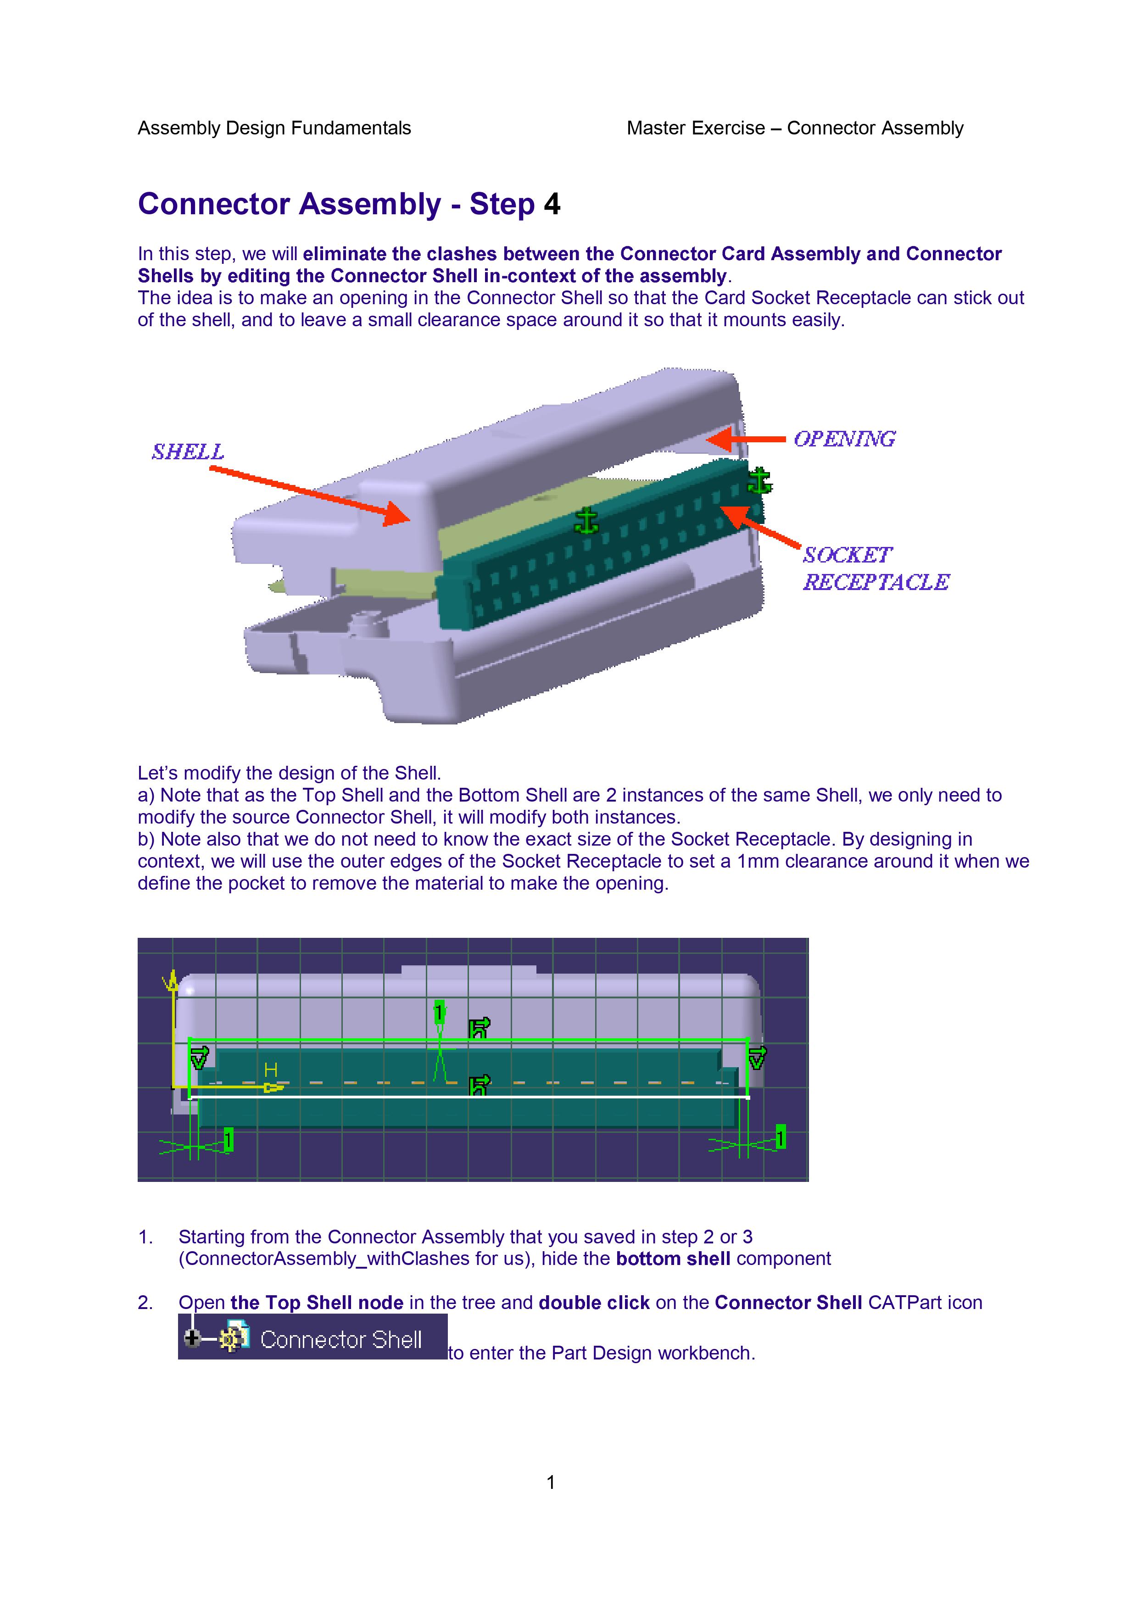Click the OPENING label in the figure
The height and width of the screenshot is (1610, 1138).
coord(844,439)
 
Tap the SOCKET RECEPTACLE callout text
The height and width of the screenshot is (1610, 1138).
coord(875,568)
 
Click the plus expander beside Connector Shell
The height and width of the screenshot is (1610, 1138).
coord(191,1339)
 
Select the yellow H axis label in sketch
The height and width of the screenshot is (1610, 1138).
coord(271,1070)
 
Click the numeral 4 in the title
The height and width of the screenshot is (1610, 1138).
coord(552,204)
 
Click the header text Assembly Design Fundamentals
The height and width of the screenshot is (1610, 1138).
coord(274,128)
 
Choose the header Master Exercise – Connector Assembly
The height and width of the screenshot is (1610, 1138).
coord(794,128)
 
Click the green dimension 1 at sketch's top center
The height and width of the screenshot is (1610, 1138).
coord(440,1013)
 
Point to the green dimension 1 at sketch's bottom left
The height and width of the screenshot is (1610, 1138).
coord(228,1140)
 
